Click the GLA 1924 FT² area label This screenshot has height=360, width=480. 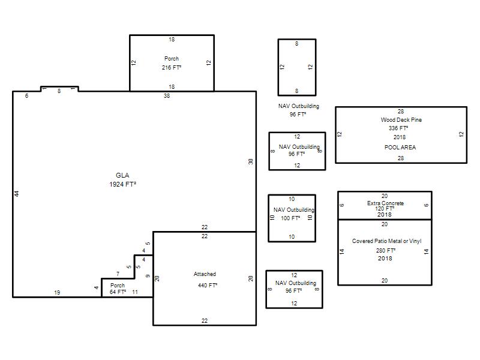click(x=122, y=179)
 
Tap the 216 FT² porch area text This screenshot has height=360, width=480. click(x=172, y=67)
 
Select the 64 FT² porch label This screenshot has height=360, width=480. click(x=118, y=292)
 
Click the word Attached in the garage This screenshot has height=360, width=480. click(x=205, y=274)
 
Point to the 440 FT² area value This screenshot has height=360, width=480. click(x=208, y=286)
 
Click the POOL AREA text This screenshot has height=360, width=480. click(x=400, y=147)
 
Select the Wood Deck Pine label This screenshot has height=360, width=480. click(x=401, y=119)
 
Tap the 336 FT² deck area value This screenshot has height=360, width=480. click(x=398, y=128)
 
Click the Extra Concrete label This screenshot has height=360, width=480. click(x=385, y=203)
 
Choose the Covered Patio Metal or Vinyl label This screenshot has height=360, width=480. click(x=386, y=241)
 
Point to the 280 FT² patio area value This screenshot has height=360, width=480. click(x=386, y=250)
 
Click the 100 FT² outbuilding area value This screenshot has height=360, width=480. click(x=290, y=218)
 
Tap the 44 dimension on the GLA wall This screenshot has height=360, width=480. click(x=17, y=194)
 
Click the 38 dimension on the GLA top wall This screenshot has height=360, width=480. click(x=167, y=95)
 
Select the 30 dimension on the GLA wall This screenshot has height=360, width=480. click(x=251, y=161)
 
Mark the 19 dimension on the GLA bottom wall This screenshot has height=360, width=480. click(x=57, y=292)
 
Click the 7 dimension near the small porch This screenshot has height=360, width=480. click(x=118, y=274)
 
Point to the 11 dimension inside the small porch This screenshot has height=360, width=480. click(x=135, y=292)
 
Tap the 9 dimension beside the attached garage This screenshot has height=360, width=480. click(x=148, y=276)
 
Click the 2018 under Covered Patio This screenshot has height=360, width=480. click(x=385, y=259)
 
